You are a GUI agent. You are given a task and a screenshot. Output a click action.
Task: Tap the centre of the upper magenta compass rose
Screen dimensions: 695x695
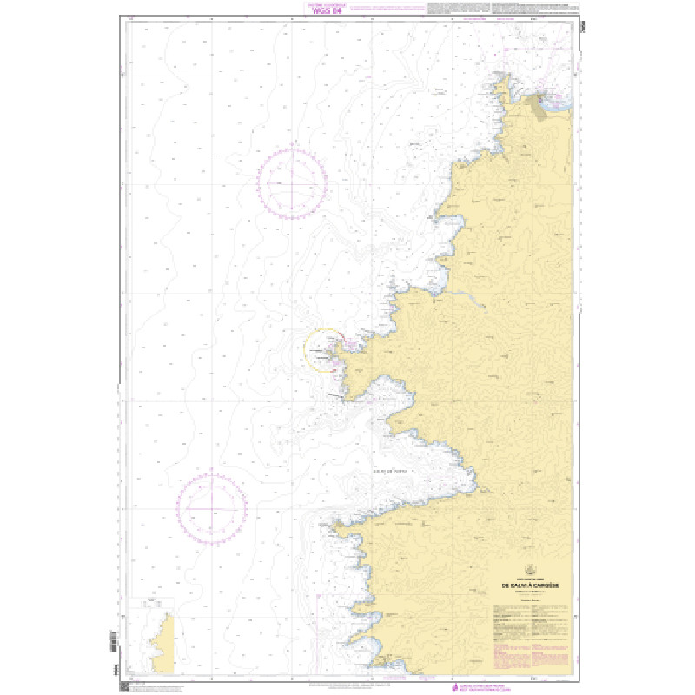(295, 184)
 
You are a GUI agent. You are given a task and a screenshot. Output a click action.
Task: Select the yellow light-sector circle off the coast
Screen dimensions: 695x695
(323, 350)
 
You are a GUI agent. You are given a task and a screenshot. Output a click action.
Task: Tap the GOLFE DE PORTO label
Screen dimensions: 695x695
(388, 473)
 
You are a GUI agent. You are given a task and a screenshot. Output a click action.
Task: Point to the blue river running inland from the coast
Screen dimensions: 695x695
(469, 295)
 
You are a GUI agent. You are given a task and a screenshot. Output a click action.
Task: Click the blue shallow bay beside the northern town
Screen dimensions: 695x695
(561, 103)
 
